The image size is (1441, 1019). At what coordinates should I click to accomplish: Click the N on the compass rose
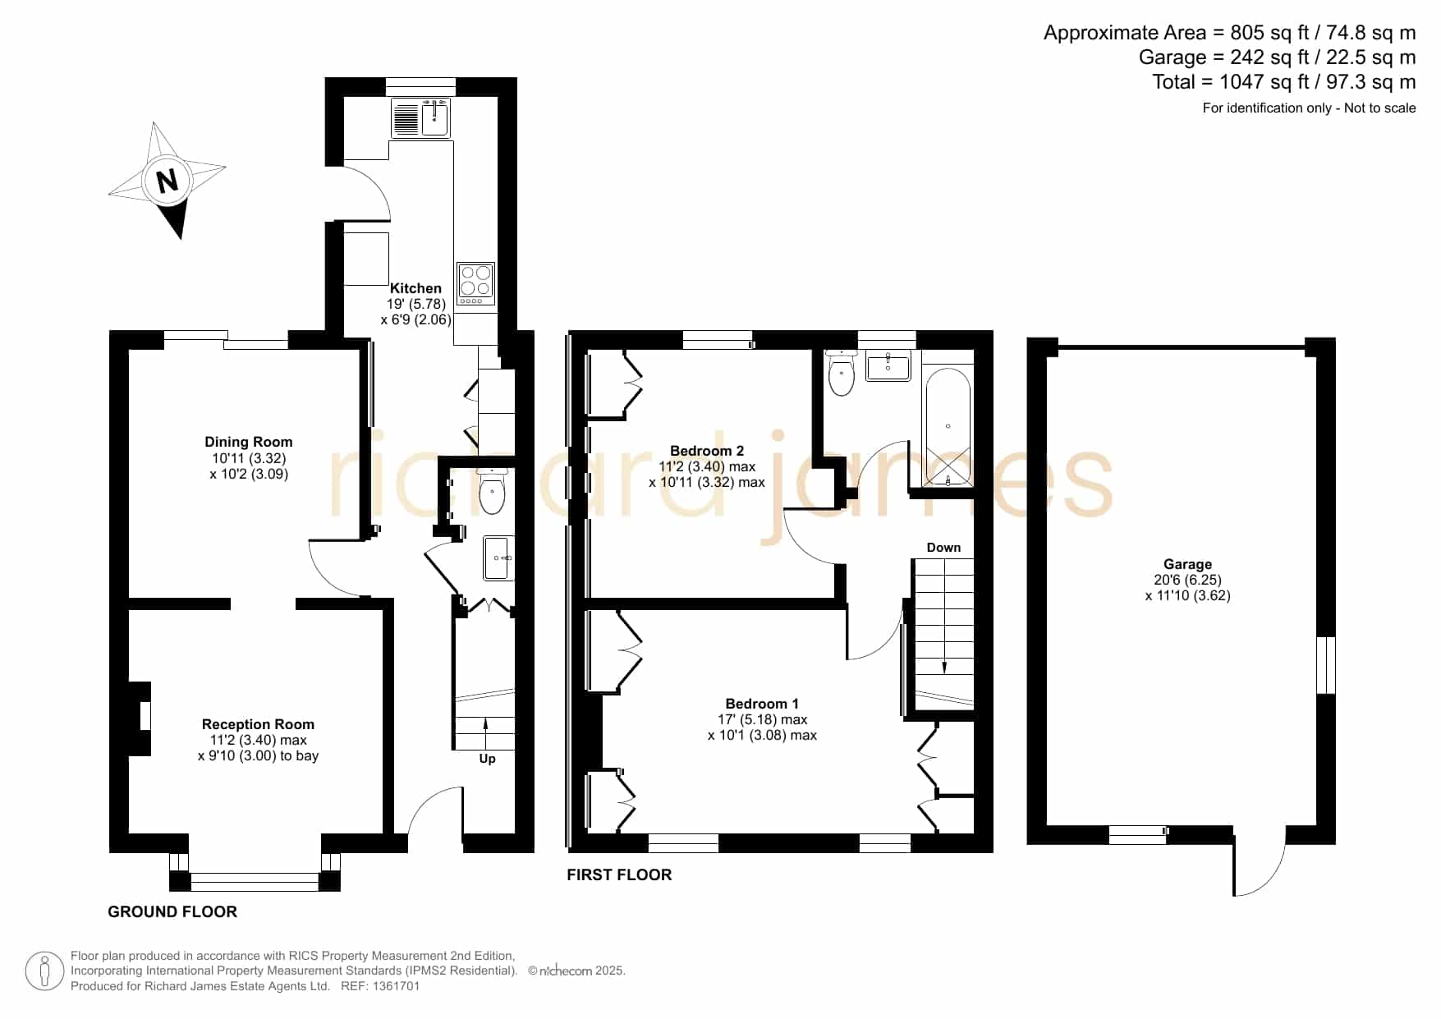(x=168, y=180)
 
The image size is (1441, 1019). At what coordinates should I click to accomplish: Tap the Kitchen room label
(x=415, y=288)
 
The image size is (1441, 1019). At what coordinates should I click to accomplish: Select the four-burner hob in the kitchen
(x=475, y=283)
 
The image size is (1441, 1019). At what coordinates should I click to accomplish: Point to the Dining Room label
(x=249, y=442)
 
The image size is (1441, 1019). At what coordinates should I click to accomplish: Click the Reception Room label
(x=258, y=724)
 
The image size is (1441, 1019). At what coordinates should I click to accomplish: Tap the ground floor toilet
(x=492, y=491)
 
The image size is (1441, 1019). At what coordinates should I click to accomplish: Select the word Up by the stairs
(x=487, y=759)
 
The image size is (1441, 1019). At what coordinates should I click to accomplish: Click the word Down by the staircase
(x=943, y=548)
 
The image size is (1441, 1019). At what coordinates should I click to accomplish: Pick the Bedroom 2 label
(x=707, y=451)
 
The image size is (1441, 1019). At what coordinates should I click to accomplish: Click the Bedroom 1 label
(x=762, y=704)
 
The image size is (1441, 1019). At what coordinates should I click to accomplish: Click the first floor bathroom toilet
(x=842, y=374)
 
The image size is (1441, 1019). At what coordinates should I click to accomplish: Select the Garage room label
(x=1187, y=564)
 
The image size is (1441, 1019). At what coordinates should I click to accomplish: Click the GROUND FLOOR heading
(x=172, y=911)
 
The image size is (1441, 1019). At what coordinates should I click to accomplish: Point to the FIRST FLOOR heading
(x=619, y=875)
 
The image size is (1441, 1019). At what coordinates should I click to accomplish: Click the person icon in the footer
(x=44, y=971)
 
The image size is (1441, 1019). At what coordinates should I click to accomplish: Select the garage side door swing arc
(x=1273, y=875)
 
